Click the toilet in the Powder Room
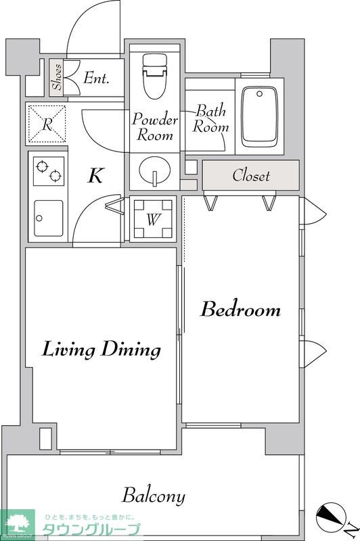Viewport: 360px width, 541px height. click(x=155, y=76)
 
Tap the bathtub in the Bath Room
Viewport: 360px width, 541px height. click(x=260, y=117)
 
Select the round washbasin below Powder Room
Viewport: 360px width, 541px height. click(x=155, y=170)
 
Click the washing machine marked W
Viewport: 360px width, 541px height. click(x=153, y=218)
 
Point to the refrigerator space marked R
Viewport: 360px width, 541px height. click(x=47, y=124)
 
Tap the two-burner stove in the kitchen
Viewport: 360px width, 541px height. click(x=49, y=171)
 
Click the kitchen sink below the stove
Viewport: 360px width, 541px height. click(x=48, y=218)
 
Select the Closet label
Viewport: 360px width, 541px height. click(x=251, y=175)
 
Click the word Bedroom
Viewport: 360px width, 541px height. click(x=241, y=309)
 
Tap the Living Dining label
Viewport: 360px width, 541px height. click(x=102, y=349)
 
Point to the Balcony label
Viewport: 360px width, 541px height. click(x=154, y=496)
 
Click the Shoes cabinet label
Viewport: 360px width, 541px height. click(x=57, y=77)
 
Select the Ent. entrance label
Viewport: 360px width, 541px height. click(x=96, y=78)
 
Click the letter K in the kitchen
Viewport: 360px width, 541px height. click(x=95, y=175)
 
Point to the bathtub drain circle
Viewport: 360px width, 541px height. click(x=260, y=94)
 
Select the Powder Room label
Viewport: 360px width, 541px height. click(x=155, y=126)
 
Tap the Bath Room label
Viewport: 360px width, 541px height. click(x=210, y=118)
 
